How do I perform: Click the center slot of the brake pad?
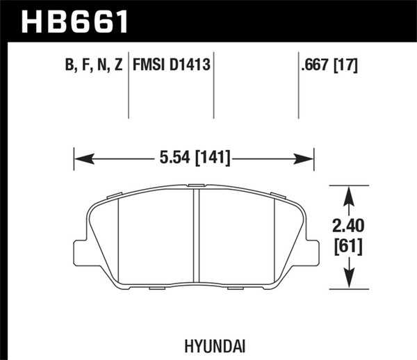click(197, 236)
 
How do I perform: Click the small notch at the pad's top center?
click(197, 185)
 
